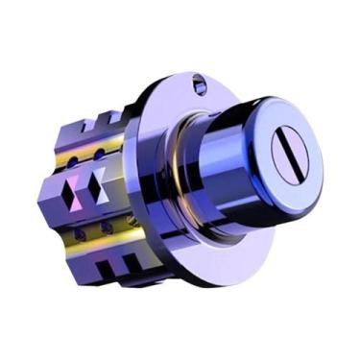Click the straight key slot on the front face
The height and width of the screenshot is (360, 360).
pos(288,159)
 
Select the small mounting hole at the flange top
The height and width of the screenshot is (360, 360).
pos(199,85)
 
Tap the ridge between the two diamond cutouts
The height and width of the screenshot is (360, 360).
pos(84,185)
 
